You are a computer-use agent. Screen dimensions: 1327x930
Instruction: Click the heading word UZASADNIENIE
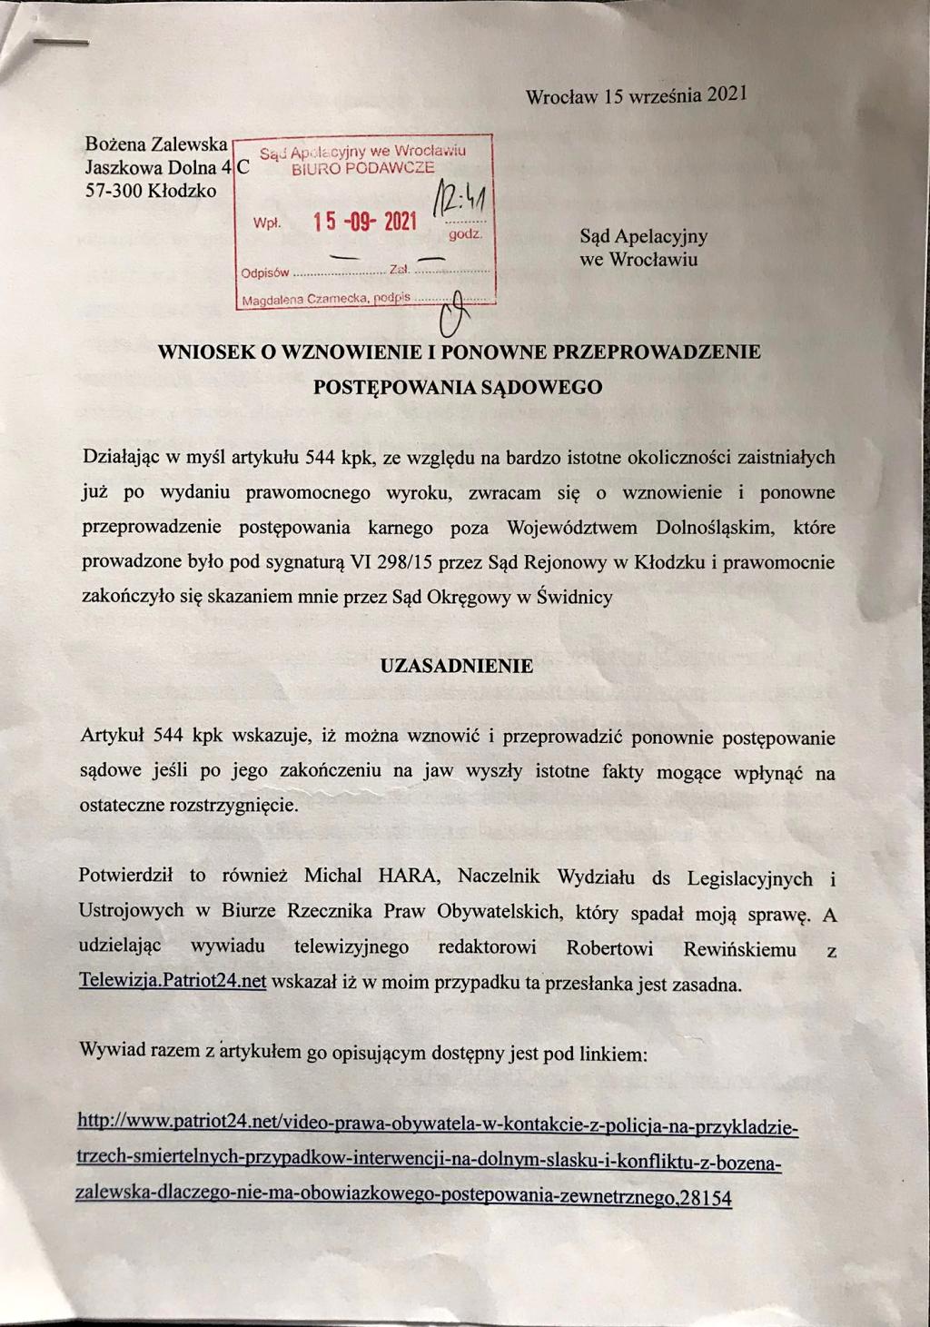[x=456, y=665]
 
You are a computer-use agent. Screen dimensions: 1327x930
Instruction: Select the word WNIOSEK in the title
[x=207, y=353]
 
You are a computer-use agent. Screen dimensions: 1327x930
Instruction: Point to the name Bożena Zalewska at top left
[x=155, y=144]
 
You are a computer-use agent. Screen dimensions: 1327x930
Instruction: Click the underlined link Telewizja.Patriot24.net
[x=173, y=983]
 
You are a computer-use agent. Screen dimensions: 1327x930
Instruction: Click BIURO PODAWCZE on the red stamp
[x=362, y=167]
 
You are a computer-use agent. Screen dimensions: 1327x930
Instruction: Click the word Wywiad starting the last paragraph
[x=112, y=1052]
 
